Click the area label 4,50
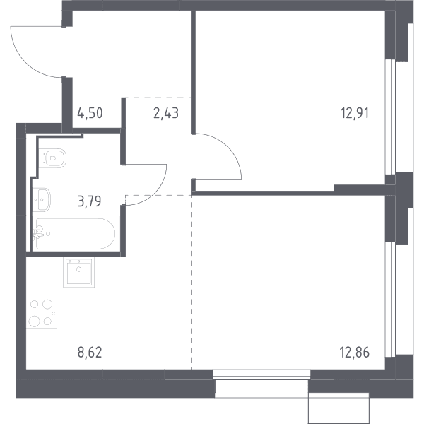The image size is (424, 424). point(90,113)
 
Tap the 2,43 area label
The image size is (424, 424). point(166,113)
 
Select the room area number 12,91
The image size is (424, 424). point(355,113)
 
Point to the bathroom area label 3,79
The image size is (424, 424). point(90,201)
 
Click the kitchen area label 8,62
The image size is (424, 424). point(90,353)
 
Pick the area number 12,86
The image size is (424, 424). point(355,353)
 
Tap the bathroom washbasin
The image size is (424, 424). point(42,200)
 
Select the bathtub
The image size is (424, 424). point(76,234)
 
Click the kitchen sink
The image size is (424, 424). point(78,272)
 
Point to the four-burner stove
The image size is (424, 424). point(42,313)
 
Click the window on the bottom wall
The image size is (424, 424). point(261,375)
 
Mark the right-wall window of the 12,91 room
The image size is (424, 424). point(390,117)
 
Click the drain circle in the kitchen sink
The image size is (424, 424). point(78,269)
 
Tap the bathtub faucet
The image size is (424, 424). point(38,233)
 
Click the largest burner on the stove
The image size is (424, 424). point(35,322)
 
